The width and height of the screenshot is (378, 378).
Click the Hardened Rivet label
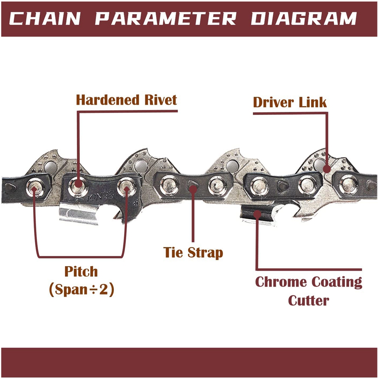126,100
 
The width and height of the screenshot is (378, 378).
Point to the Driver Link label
290,102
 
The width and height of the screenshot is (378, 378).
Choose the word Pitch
81,272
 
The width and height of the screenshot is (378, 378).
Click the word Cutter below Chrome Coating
308,301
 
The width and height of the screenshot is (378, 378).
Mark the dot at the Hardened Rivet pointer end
78,184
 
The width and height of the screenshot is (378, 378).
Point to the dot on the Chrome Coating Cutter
257,214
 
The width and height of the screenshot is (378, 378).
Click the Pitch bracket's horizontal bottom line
80,256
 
